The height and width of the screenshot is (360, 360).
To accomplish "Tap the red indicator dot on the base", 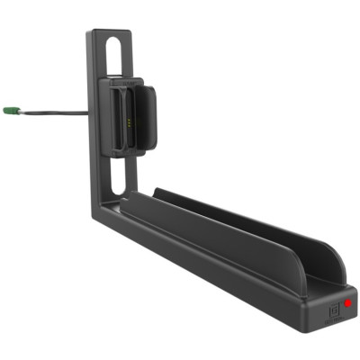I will (346, 304).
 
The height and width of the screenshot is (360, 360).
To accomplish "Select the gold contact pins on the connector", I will (132, 118).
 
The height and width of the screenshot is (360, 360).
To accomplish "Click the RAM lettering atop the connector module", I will (131, 83).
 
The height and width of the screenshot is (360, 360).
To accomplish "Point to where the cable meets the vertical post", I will (88, 112).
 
